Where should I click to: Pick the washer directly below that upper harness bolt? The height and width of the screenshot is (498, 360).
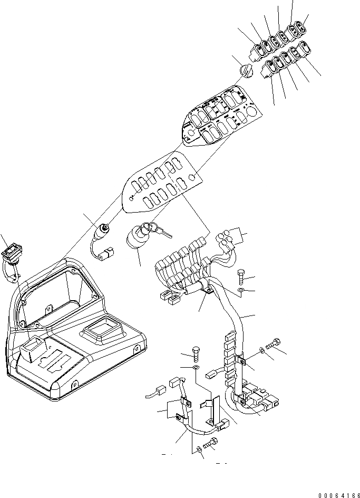click(x=240, y=290)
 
